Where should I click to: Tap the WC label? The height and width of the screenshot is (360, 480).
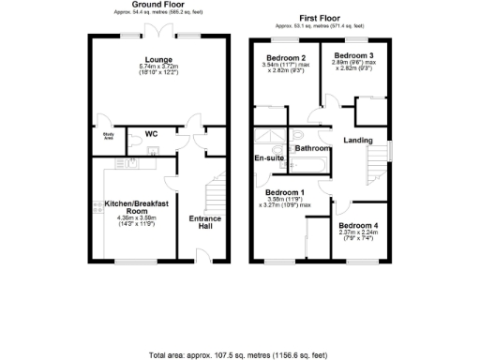point(151,134)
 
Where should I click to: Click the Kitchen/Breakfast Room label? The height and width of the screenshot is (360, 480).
point(135,206)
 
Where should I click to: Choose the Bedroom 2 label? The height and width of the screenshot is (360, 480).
point(285,57)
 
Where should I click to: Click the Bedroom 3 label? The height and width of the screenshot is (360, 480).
point(353,56)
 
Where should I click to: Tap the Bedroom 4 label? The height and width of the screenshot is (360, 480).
point(358,227)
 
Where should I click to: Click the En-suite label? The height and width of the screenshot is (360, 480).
point(269,158)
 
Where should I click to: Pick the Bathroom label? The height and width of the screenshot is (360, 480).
point(311,149)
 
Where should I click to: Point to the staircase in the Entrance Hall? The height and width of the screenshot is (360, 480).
point(217,192)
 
